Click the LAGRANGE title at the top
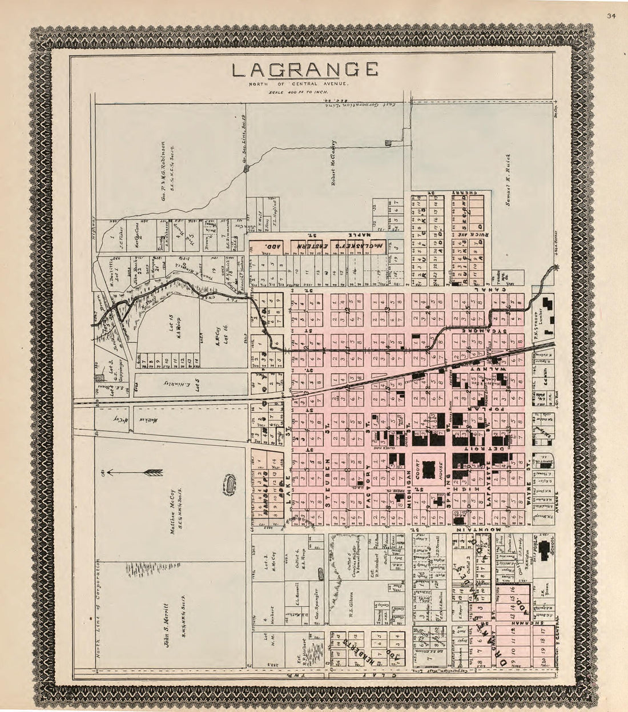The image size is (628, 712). point(305,70)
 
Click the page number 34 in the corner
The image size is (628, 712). point(612,15)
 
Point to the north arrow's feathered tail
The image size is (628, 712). point(153,472)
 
